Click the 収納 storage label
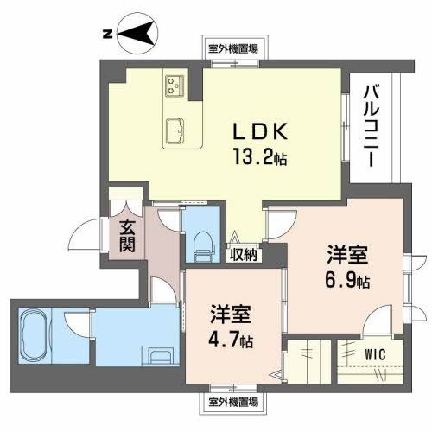[244, 254]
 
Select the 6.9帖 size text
[348, 281]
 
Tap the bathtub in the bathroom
[37, 334]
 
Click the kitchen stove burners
[176, 86]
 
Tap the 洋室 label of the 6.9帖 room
[348, 256]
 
